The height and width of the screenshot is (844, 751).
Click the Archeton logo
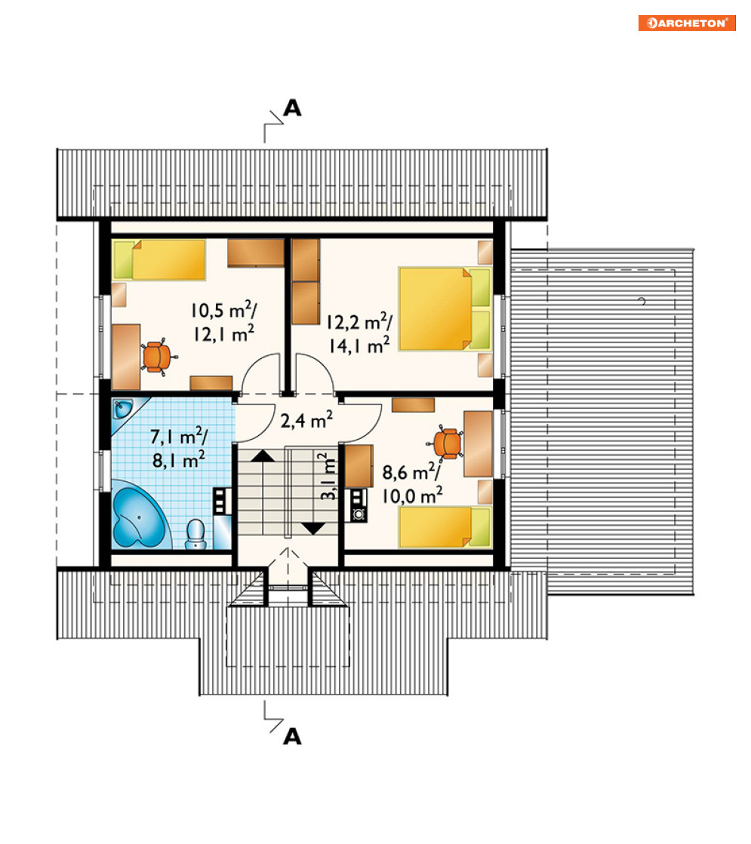tap(686, 23)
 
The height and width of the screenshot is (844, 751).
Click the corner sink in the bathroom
tap(123, 409)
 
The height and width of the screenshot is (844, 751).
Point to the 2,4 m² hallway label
tap(306, 419)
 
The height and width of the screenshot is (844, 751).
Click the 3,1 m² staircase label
tap(328, 477)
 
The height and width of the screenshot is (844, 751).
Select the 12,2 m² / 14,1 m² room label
tap(359, 333)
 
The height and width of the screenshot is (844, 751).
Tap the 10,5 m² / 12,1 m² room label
tap(223, 321)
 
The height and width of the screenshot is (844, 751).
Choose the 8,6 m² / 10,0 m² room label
tap(412, 483)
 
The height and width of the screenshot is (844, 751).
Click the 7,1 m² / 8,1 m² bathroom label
tap(178, 447)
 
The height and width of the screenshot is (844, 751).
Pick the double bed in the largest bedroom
tap(445, 308)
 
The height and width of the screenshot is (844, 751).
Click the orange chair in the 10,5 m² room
tap(157, 356)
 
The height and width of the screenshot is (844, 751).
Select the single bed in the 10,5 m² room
tap(159, 260)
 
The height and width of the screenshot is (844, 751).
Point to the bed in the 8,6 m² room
tap(445, 527)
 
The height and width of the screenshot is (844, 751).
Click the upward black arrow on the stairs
tap(263, 456)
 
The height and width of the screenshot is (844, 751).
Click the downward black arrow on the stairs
tap(313, 529)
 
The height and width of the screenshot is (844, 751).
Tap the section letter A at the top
tap(292, 108)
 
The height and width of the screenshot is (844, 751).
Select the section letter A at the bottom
tap(292, 736)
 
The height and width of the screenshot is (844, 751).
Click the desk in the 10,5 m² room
tap(126, 356)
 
